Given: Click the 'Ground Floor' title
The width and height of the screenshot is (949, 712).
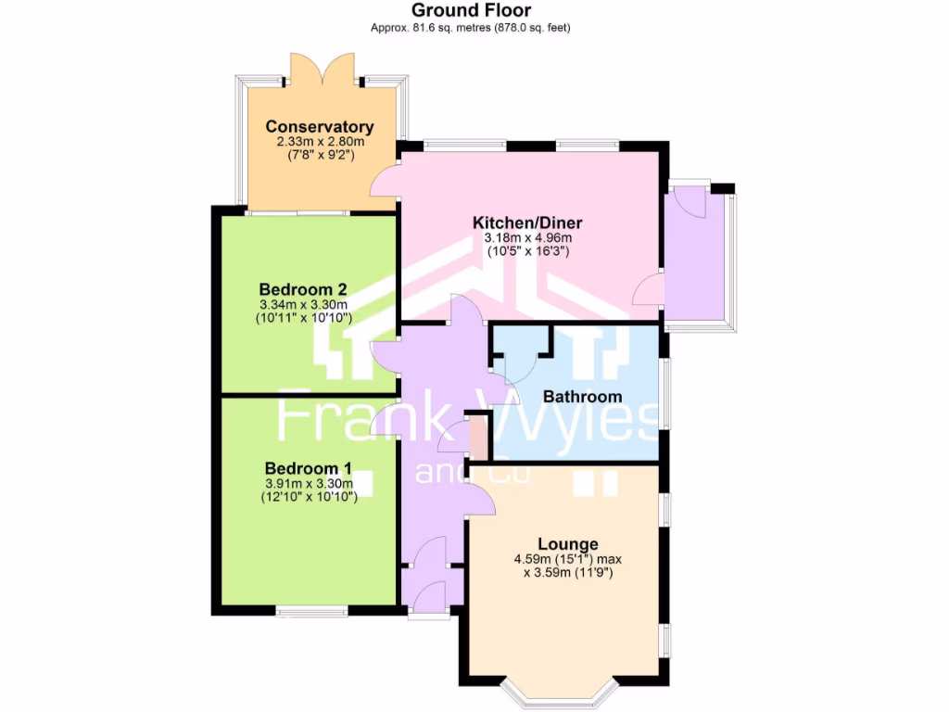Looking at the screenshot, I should (x=471, y=11).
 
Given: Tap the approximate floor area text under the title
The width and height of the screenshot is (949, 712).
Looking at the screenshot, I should (x=471, y=28).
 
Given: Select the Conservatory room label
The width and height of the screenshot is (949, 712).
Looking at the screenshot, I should (x=320, y=127).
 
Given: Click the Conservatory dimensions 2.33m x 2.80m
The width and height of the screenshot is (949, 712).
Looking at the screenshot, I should (x=320, y=142).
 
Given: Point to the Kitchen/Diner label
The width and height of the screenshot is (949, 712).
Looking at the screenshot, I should (x=527, y=222).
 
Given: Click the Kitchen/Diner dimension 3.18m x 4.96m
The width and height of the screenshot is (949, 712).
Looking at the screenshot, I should (x=527, y=237).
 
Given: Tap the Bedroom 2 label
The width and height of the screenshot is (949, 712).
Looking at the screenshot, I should (x=303, y=288).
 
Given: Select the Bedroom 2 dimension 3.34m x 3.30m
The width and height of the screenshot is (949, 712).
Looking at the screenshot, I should (x=303, y=304).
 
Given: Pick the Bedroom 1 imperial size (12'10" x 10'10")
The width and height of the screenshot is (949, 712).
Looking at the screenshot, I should (x=309, y=497).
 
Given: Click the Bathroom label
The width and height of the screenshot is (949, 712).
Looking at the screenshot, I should (x=582, y=397).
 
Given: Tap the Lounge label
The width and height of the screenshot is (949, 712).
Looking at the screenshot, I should (x=568, y=543).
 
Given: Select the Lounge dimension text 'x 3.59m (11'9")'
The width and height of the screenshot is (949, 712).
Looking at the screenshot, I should (x=568, y=573).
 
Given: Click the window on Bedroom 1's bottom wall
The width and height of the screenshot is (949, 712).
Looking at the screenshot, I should (x=311, y=611).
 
